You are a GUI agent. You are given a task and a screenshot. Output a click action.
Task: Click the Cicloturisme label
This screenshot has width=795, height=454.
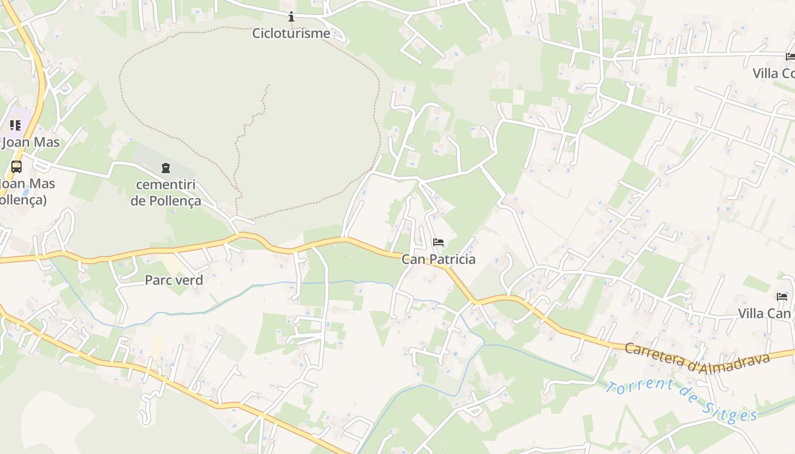[291, 33]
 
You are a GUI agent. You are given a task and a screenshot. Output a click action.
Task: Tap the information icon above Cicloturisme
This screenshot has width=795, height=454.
[291, 16]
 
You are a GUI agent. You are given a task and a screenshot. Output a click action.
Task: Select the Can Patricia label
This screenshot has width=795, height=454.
[438, 259]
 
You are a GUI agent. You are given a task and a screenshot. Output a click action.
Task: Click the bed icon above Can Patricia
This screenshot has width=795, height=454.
[438, 243]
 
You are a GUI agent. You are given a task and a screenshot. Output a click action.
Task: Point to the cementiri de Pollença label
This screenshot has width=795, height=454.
[165, 192]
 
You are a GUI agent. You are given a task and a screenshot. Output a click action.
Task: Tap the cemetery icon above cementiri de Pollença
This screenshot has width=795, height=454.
[165, 168]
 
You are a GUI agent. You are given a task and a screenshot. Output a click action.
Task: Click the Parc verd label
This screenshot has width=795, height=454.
[174, 280]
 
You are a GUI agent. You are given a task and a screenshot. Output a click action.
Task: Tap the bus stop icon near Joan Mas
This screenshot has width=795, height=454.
[16, 167]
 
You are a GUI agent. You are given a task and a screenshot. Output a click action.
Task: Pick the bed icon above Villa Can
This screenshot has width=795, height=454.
[782, 297]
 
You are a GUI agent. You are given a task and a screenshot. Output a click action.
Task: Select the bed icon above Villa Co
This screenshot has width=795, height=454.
[790, 56]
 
